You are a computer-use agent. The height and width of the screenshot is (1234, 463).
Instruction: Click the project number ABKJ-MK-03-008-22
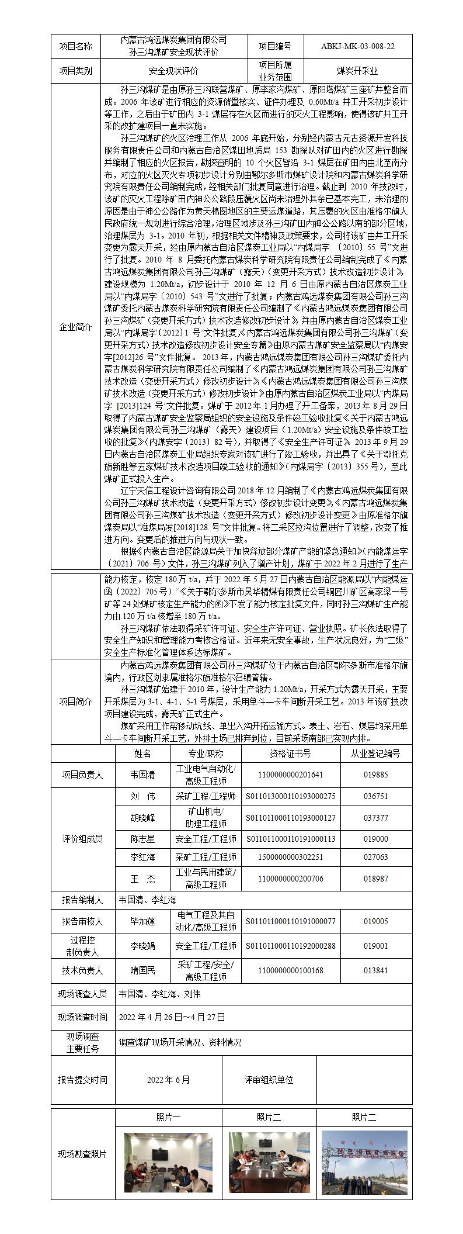(x=357, y=47)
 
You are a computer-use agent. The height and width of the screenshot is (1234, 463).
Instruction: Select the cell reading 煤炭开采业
(x=357, y=71)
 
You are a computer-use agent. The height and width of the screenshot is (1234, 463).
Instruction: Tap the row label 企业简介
(x=76, y=327)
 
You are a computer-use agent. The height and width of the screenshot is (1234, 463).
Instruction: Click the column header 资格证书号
(x=290, y=753)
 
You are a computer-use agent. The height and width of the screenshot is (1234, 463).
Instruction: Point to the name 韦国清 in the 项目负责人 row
(x=142, y=775)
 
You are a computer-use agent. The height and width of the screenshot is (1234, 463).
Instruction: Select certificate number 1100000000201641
(x=290, y=775)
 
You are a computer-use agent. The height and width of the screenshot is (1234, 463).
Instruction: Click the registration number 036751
(x=375, y=796)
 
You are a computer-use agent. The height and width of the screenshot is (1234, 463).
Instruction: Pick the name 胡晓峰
(x=142, y=817)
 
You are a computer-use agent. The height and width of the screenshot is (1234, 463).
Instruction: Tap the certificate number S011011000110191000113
(x=290, y=839)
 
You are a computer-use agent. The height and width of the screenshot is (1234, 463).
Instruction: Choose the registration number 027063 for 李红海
(x=375, y=857)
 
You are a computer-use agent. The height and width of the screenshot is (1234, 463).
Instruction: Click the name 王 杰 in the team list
(x=142, y=879)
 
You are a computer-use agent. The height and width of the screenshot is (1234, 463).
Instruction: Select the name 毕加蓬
(x=142, y=922)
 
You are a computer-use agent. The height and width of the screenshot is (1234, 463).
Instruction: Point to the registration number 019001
(x=375, y=945)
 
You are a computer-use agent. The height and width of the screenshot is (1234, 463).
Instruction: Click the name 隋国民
(x=142, y=970)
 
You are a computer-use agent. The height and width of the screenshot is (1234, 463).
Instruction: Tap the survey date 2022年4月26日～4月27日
(x=172, y=1017)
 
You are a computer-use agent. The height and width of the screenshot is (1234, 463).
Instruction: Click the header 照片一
(x=168, y=1117)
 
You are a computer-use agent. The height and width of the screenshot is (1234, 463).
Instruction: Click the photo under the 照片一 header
(x=168, y=1154)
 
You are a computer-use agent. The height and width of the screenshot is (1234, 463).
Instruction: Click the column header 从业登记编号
(x=375, y=753)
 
